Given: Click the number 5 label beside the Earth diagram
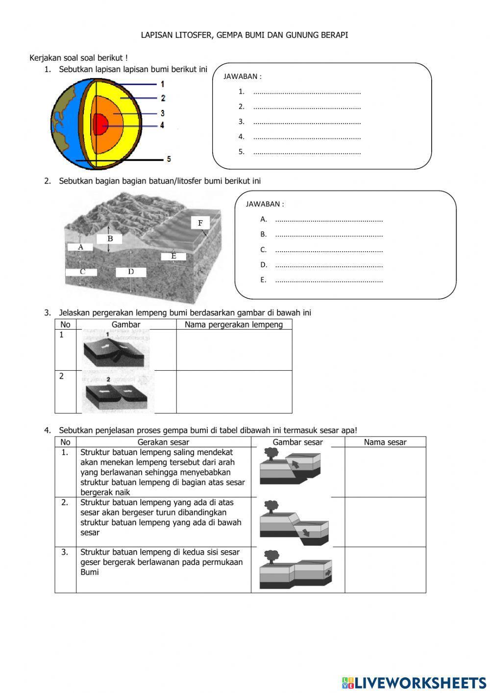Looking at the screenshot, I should click(169, 159).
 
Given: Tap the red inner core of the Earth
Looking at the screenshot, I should click(100, 124).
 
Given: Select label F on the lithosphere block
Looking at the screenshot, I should click(200, 223).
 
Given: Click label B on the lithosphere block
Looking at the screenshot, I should click(110, 239).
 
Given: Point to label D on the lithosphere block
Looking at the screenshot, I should click(131, 272).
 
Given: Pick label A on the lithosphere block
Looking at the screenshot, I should click(81, 247).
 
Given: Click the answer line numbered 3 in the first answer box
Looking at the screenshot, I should click(307, 122).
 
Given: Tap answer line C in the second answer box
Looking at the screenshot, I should click(329, 250).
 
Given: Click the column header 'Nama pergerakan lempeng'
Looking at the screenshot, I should click(234, 325).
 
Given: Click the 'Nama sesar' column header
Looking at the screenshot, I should click(385, 442).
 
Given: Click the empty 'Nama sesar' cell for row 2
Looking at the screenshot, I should click(385, 522).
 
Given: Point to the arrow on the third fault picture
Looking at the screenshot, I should click(328, 572).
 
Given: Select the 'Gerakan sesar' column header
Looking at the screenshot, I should click(163, 442).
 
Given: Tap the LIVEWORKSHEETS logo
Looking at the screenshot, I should click(414, 682).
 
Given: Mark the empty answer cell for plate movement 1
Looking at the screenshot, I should click(234, 350).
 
